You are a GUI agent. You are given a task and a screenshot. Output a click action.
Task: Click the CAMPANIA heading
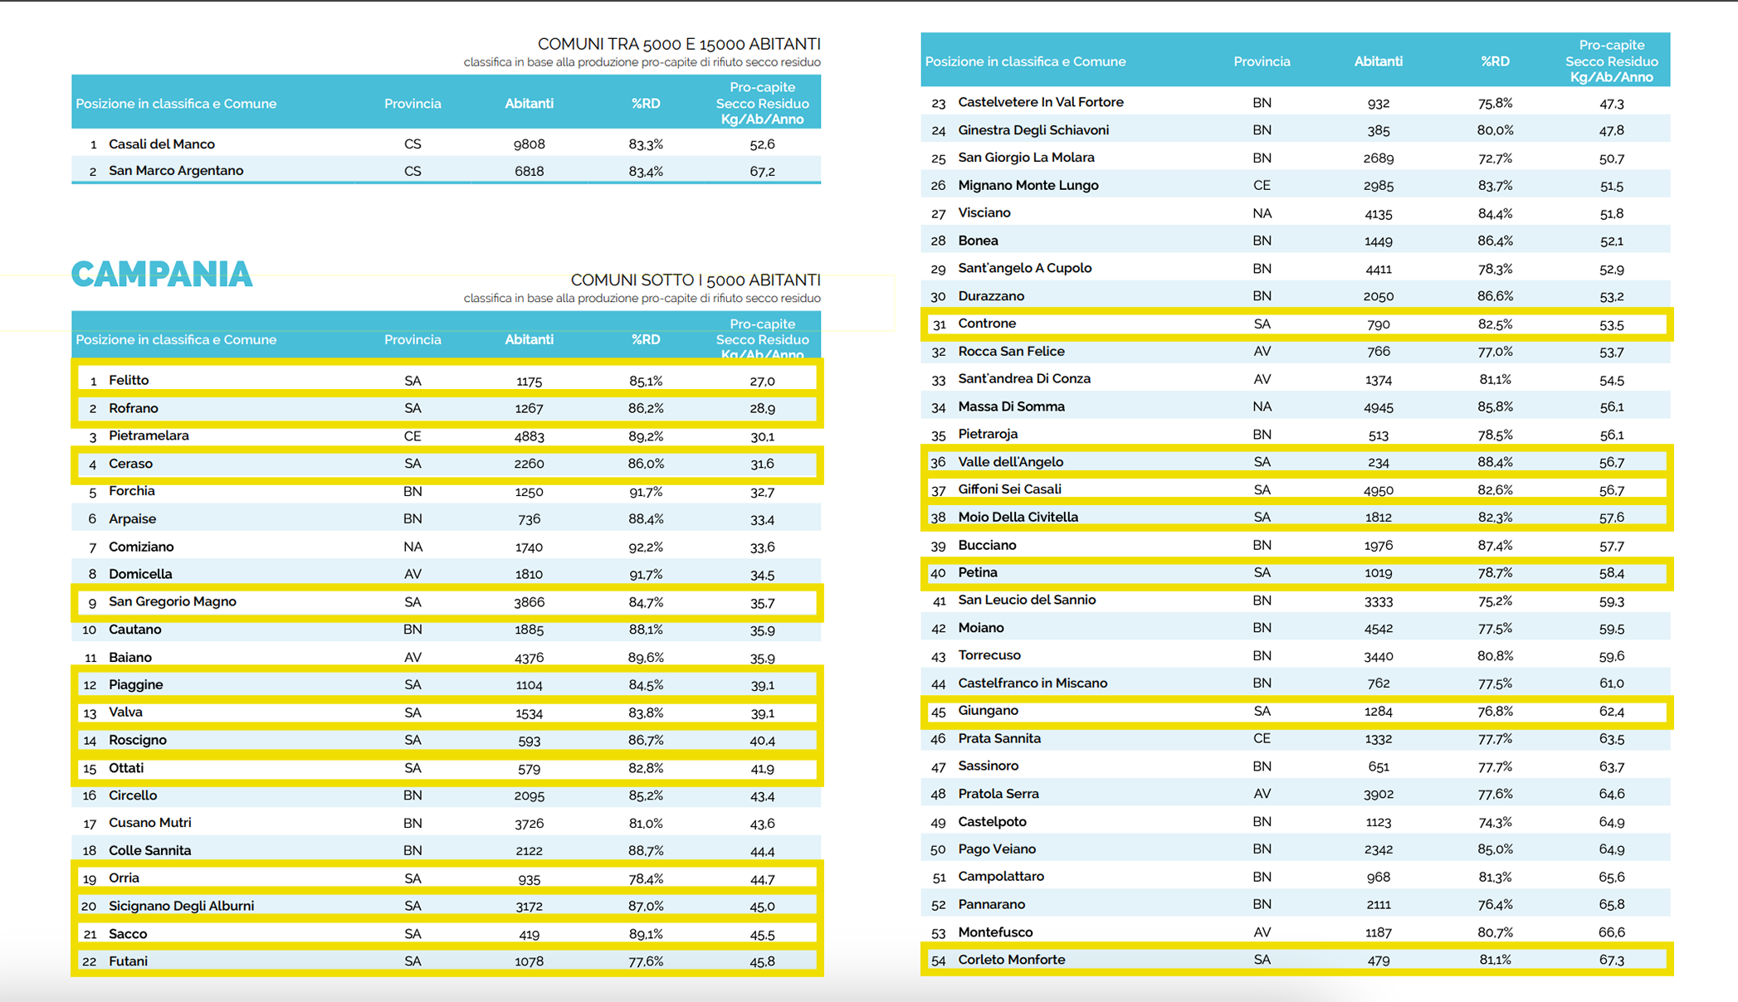click(x=162, y=275)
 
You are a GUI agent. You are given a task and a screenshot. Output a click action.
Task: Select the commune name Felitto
click(x=129, y=381)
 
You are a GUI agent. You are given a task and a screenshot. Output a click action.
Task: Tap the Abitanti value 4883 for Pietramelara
click(x=529, y=436)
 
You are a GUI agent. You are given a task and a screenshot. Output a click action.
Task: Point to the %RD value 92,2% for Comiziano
click(x=646, y=547)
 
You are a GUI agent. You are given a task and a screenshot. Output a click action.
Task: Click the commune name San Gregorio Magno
click(x=173, y=602)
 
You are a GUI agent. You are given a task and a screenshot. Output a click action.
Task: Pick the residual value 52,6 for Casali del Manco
click(x=762, y=144)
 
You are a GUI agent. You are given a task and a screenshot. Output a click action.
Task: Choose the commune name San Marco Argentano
click(x=176, y=171)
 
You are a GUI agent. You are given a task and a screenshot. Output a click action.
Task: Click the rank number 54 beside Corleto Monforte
click(x=939, y=961)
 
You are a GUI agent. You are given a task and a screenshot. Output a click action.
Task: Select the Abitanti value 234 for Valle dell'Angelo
click(x=1379, y=463)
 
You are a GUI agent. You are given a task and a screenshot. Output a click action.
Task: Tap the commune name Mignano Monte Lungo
click(x=1028, y=186)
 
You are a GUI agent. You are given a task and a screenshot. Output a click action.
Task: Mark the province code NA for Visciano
click(x=1262, y=214)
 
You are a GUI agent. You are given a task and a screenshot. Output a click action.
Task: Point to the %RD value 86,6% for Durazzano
click(x=1495, y=296)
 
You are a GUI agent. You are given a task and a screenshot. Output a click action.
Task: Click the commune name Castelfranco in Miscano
click(x=1033, y=683)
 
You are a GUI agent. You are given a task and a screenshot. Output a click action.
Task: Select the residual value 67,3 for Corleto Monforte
click(x=1611, y=961)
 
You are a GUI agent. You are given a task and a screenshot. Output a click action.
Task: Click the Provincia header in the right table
click(x=1262, y=61)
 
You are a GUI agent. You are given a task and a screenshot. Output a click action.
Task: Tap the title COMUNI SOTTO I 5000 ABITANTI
click(x=696, y=280)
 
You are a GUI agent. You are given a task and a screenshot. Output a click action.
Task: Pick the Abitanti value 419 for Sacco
click(x=529, y=935)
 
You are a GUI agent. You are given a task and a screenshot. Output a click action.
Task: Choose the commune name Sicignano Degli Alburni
click(x=181, y=907)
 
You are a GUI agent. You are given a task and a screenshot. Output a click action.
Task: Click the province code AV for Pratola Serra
click(x=1262, y=795)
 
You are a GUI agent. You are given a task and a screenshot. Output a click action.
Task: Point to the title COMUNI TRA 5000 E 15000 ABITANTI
click(x=679, y=44)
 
